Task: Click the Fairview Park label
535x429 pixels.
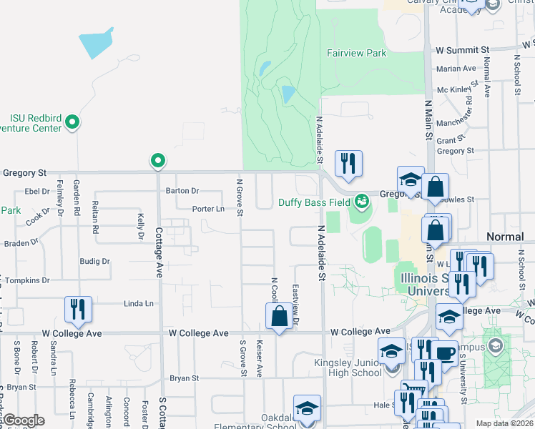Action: coord(356,53)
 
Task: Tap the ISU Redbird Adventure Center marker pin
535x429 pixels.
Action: coord(72,124)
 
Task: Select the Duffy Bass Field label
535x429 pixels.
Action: coord(315,202)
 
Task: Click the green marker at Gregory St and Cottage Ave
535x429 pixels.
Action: coord(158,162)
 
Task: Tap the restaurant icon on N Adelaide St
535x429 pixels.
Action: coord(348,163)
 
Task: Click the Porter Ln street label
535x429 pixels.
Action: coord(208,209)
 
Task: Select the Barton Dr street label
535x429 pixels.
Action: coord(182,191)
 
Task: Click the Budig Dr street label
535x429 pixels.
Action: coord(94,262)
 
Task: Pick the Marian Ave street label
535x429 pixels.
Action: coord(456,69)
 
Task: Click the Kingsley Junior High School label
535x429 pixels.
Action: coord(348,368)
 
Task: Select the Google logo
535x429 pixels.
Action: coord(23,420)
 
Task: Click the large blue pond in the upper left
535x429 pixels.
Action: coord(96,44)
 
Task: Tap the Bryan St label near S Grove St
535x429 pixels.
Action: coord(184,378)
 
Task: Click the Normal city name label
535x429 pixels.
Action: coord(505,236)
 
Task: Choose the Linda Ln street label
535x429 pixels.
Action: coord(139,304)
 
